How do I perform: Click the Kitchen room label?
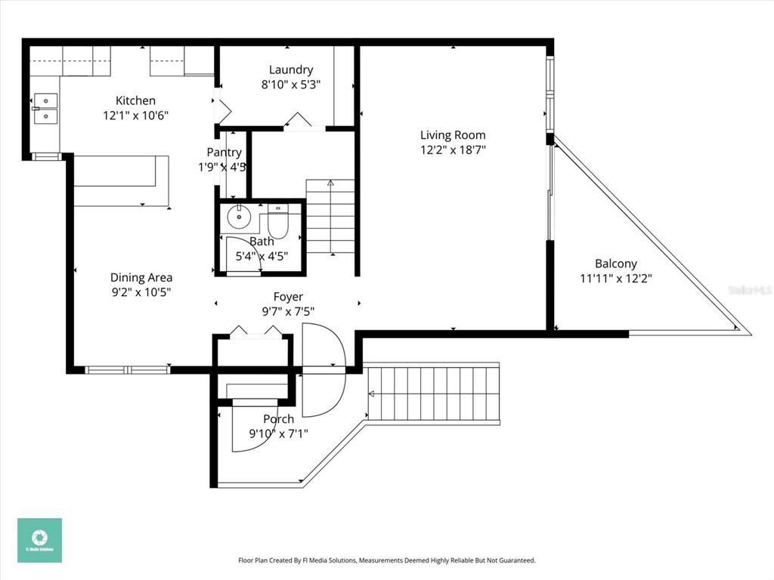click(x=135, y=100)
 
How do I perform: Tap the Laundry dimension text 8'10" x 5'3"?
click(x=291, y=85)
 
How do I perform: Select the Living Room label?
click(x=453, y=135)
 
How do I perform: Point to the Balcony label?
click(x=615, y=264)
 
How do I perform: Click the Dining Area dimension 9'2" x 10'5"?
click(x=141, y=292)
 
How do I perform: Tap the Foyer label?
click(x=288, y=297)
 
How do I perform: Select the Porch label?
click(x=278, y=419)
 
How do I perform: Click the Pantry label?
click(x=224, y=153)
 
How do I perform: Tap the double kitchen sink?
click(x=45, y=108)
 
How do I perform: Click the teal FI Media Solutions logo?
click(x=40, y=540)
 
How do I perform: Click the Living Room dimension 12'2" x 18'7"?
click(x=453, y=150)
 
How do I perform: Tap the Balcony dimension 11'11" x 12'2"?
click(x=615, y=278)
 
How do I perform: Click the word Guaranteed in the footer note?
click(x=514, y=560)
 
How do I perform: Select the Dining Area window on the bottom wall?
click(x=127, y=370)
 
